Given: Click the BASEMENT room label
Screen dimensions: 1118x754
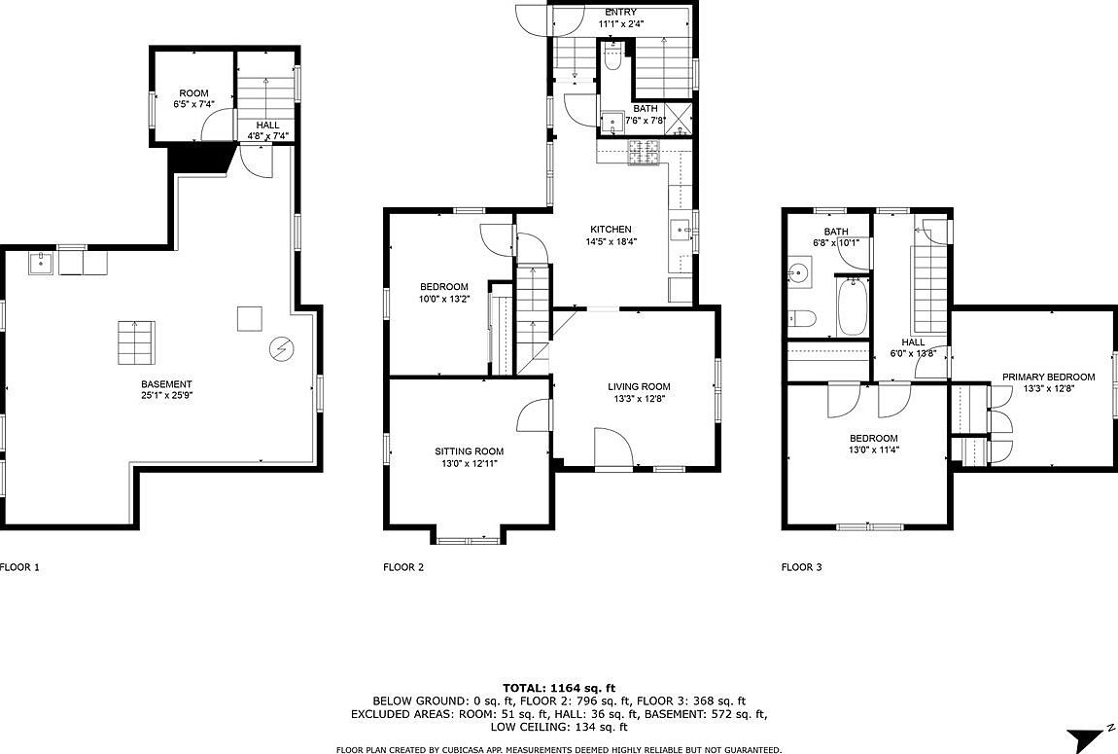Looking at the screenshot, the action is [166, 383].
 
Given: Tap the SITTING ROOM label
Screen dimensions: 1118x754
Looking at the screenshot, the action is [470, 450].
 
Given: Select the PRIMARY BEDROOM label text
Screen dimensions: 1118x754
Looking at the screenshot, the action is [1048, 377].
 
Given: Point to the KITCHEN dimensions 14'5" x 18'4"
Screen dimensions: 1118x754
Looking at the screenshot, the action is [611, 241].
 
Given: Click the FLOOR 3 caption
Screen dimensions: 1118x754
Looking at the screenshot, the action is [801, 567].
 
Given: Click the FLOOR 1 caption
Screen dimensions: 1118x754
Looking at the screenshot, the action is [19, 567].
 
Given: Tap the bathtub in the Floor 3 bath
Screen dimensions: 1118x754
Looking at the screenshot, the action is [852, 306].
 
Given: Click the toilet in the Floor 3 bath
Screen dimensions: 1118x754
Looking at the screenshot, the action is [802, 318].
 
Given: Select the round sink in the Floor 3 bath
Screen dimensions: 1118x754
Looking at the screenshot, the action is [800, 272].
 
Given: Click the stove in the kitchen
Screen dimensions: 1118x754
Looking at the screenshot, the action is [646, 154].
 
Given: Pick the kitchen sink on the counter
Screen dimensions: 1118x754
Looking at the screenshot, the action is [681, 231].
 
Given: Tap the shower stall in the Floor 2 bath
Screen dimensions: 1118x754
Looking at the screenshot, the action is [679, 119].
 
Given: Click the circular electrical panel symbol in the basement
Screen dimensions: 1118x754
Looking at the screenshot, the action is [281, 349].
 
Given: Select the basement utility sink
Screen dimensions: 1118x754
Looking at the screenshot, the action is [42, 264].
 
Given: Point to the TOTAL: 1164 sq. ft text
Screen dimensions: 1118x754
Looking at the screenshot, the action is [559, 689].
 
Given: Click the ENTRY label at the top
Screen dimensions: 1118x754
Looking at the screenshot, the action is [621, 12].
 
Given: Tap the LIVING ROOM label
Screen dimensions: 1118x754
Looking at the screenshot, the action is [638, 386].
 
